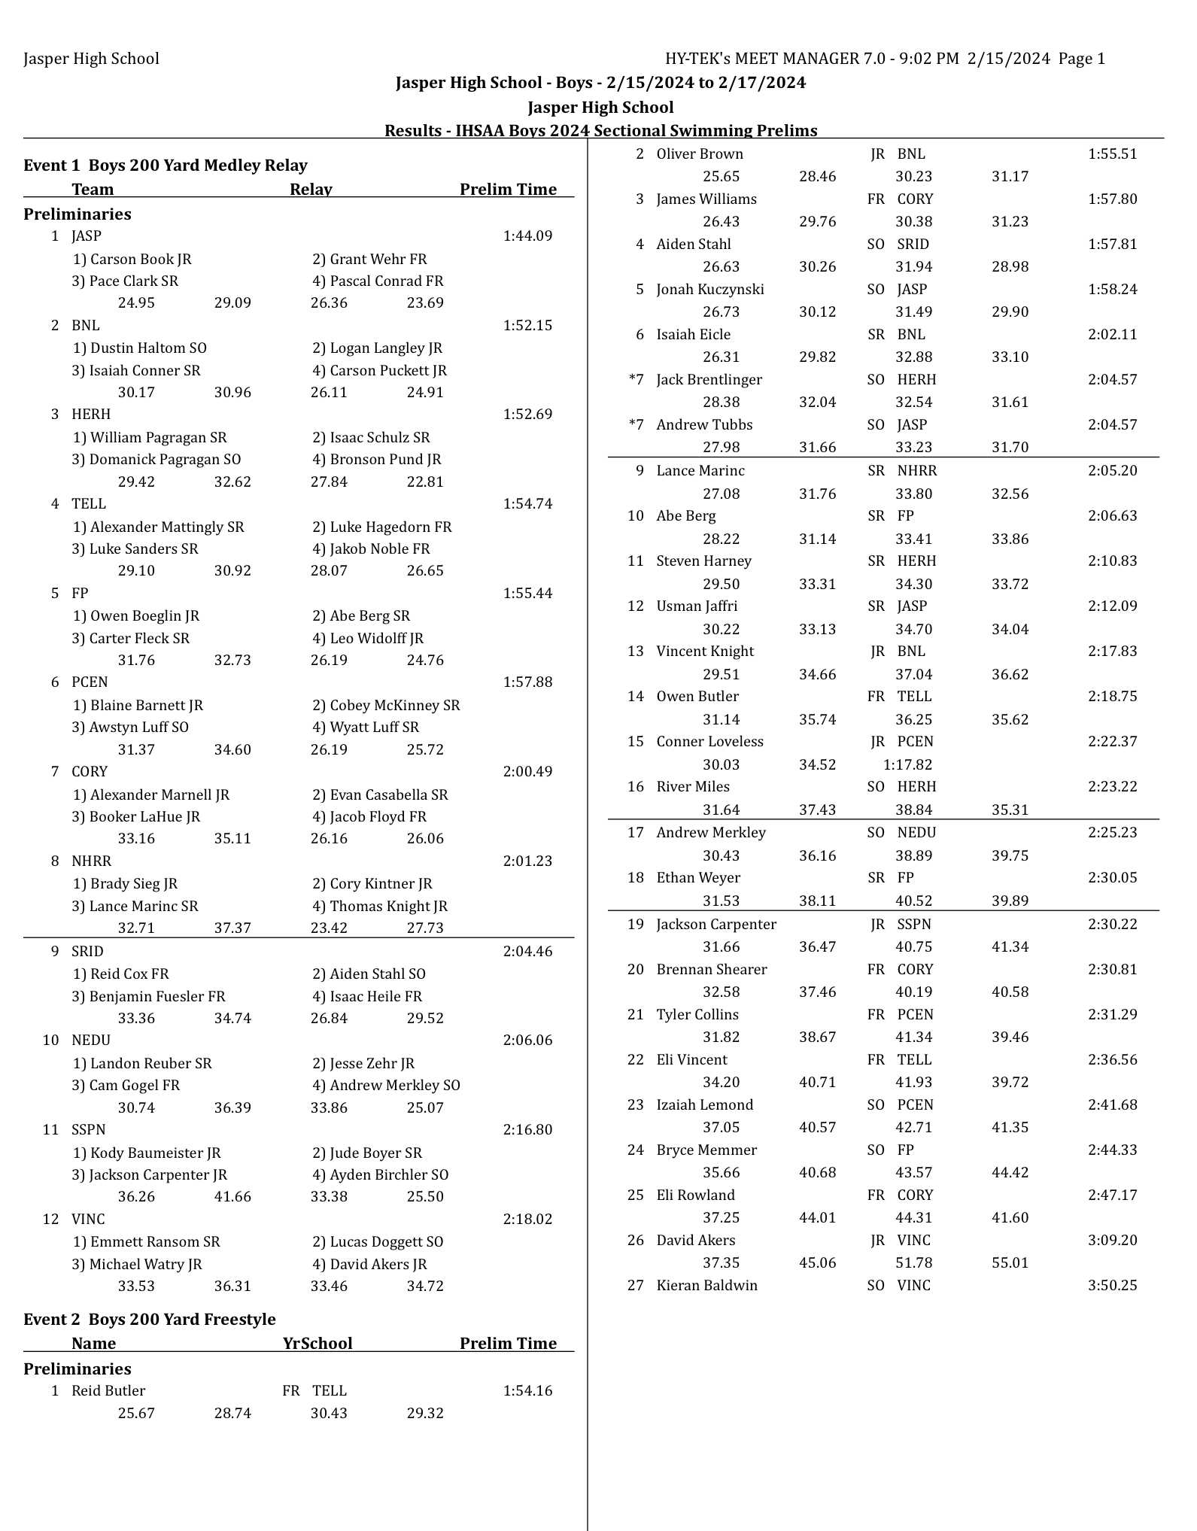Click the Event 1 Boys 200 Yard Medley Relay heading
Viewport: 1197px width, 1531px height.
[166, 166]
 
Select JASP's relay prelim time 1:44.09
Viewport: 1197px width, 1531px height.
[527, 236]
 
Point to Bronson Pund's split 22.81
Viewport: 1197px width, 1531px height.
[425, 481]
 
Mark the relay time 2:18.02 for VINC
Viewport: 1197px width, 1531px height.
[527, 1220]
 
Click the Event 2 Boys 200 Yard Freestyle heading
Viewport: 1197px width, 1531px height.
[150, 1320]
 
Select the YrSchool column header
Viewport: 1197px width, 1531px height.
[317, 1344]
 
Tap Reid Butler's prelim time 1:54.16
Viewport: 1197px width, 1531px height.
[527, 1391]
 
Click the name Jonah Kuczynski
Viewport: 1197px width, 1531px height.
[709, 290]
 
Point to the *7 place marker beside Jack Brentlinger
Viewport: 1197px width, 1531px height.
[636, 380]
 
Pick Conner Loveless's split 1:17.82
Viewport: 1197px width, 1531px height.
[907, 765]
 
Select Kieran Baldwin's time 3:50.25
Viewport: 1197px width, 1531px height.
[1112, 1286]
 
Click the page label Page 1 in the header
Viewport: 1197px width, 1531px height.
[1081, 59]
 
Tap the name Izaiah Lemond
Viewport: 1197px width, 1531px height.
[704, 1105]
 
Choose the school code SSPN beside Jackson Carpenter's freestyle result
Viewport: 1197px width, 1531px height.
[914, 925]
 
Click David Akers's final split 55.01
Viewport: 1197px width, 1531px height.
[1010, 1263]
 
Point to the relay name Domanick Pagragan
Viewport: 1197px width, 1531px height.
[165, 460]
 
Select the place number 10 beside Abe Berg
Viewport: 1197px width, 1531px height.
[636, 516]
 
